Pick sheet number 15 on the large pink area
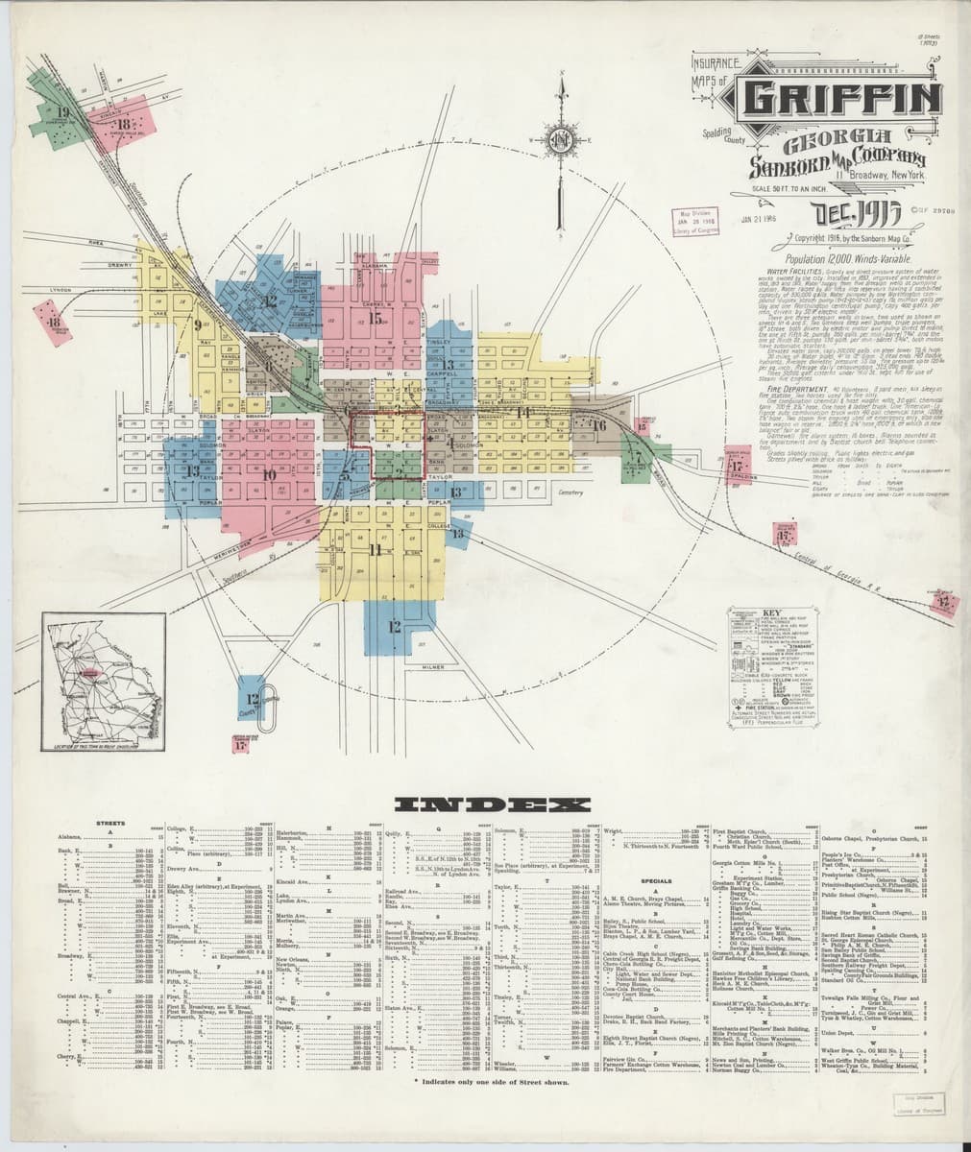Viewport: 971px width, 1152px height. tap(376, 319)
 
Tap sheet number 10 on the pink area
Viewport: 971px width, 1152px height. tap(268, 474)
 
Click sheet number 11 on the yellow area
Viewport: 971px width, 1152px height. tap(375, 549)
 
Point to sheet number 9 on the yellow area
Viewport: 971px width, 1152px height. tap(198, 324)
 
